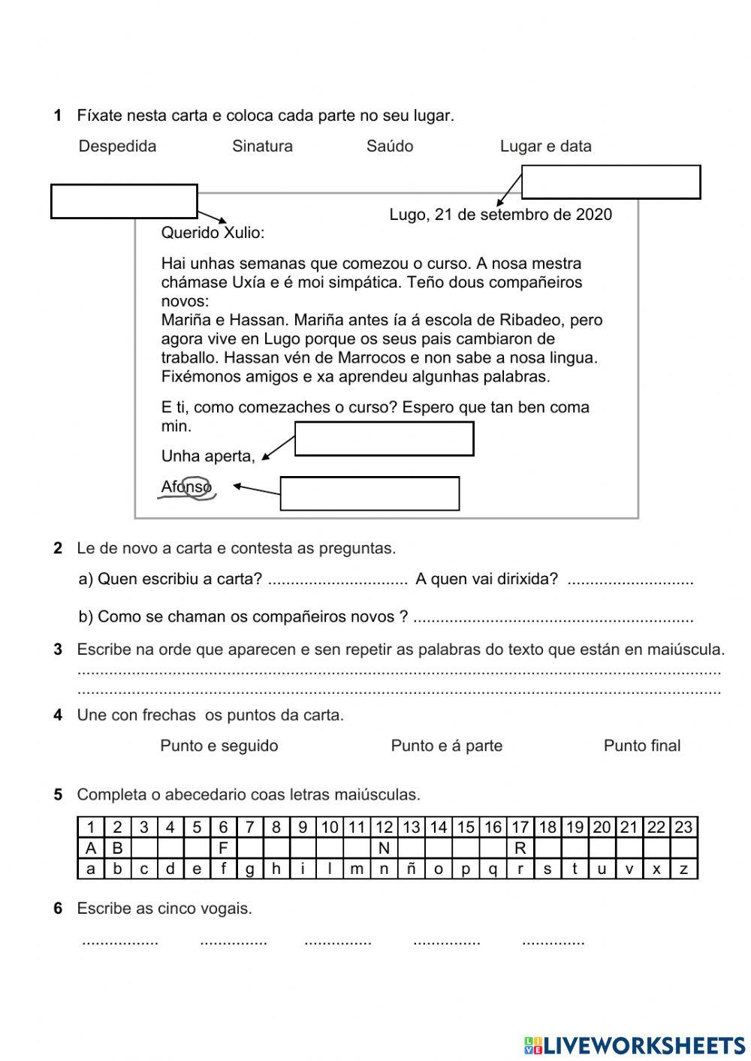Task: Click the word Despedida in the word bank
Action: (117, 146)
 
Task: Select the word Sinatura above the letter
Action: (262, 146)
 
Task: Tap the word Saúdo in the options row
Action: (390, 146)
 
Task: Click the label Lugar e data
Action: (545, 146)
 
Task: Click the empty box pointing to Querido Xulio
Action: (124, 201)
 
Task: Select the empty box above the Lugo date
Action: (611, 182)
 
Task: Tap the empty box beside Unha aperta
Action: (384, 439)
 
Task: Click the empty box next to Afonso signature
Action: (369, 493)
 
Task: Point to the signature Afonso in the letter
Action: (187, 487)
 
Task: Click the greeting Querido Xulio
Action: (213, 233)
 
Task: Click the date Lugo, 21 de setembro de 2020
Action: (500, 215)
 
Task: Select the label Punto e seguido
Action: (219, 746)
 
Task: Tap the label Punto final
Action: (641, 746)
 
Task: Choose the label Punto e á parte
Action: (446, 746)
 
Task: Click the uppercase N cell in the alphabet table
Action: (384, 848)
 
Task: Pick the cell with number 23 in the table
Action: (683, 827)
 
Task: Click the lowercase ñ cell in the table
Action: (411, 869)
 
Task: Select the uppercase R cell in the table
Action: (520, 848)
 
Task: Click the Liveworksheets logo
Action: (635, 1044)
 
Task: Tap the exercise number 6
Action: (58, 909)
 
